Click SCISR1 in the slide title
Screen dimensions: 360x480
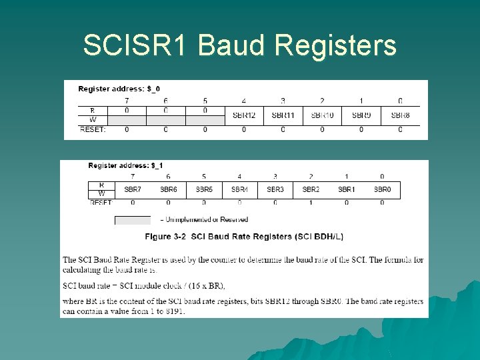coord(136,46)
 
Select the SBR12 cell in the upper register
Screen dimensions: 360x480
coord(244,115)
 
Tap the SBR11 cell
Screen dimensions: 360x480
coord(283,115)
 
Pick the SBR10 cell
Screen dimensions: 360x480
coord(322,115)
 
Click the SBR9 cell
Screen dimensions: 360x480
coord(361,115)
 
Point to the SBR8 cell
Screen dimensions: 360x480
coord(400,115)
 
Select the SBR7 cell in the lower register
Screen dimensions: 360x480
coord(133,189)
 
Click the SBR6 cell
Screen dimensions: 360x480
coord(168,189)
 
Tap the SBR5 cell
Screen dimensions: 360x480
coord(204,189)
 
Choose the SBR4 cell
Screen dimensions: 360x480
coord(239,189)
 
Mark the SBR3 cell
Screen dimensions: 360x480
coord(275,189)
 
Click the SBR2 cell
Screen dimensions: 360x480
coord(311,189)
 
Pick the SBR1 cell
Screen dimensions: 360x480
coord(346,189)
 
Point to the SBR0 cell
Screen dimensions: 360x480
coord(382,189)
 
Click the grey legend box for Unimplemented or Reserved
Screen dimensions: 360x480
coord(132,220)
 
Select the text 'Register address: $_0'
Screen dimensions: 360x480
coord(119,89)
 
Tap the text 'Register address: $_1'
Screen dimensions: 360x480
coord(125,165)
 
